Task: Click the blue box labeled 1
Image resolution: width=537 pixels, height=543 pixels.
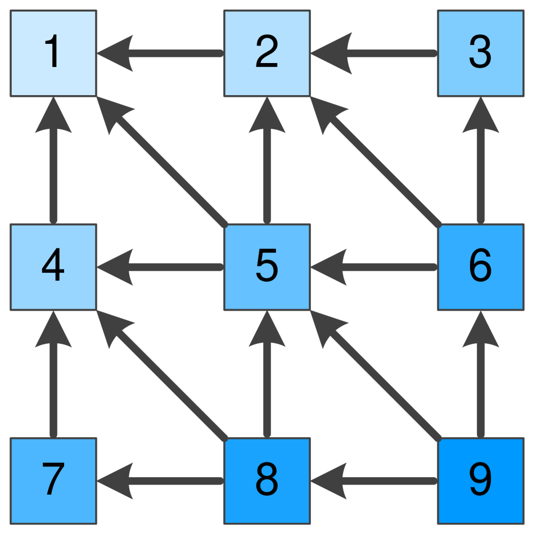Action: (53, 53)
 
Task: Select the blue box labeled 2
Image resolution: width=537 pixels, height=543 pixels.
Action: (267, 53)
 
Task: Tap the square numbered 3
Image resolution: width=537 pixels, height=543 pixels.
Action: (481, 53)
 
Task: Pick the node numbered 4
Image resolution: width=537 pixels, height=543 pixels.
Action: (53, 267)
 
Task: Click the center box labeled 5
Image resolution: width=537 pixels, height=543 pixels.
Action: (267, 267)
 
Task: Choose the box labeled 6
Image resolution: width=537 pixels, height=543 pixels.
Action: (481, 267)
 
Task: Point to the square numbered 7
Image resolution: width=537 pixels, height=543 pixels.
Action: (53, 481)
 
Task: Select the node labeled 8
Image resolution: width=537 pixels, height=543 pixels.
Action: (267, 481)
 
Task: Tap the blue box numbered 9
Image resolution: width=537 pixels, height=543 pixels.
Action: (481, 481)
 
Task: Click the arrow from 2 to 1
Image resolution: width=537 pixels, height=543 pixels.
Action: (163, 53)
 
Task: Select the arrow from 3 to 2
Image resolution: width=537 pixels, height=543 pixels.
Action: (377, 53)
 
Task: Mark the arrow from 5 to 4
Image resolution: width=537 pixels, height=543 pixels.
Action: (163, 267)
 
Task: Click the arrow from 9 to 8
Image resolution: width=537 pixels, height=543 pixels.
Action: (377, 481)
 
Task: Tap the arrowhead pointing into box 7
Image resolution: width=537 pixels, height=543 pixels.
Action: (115, 481)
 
